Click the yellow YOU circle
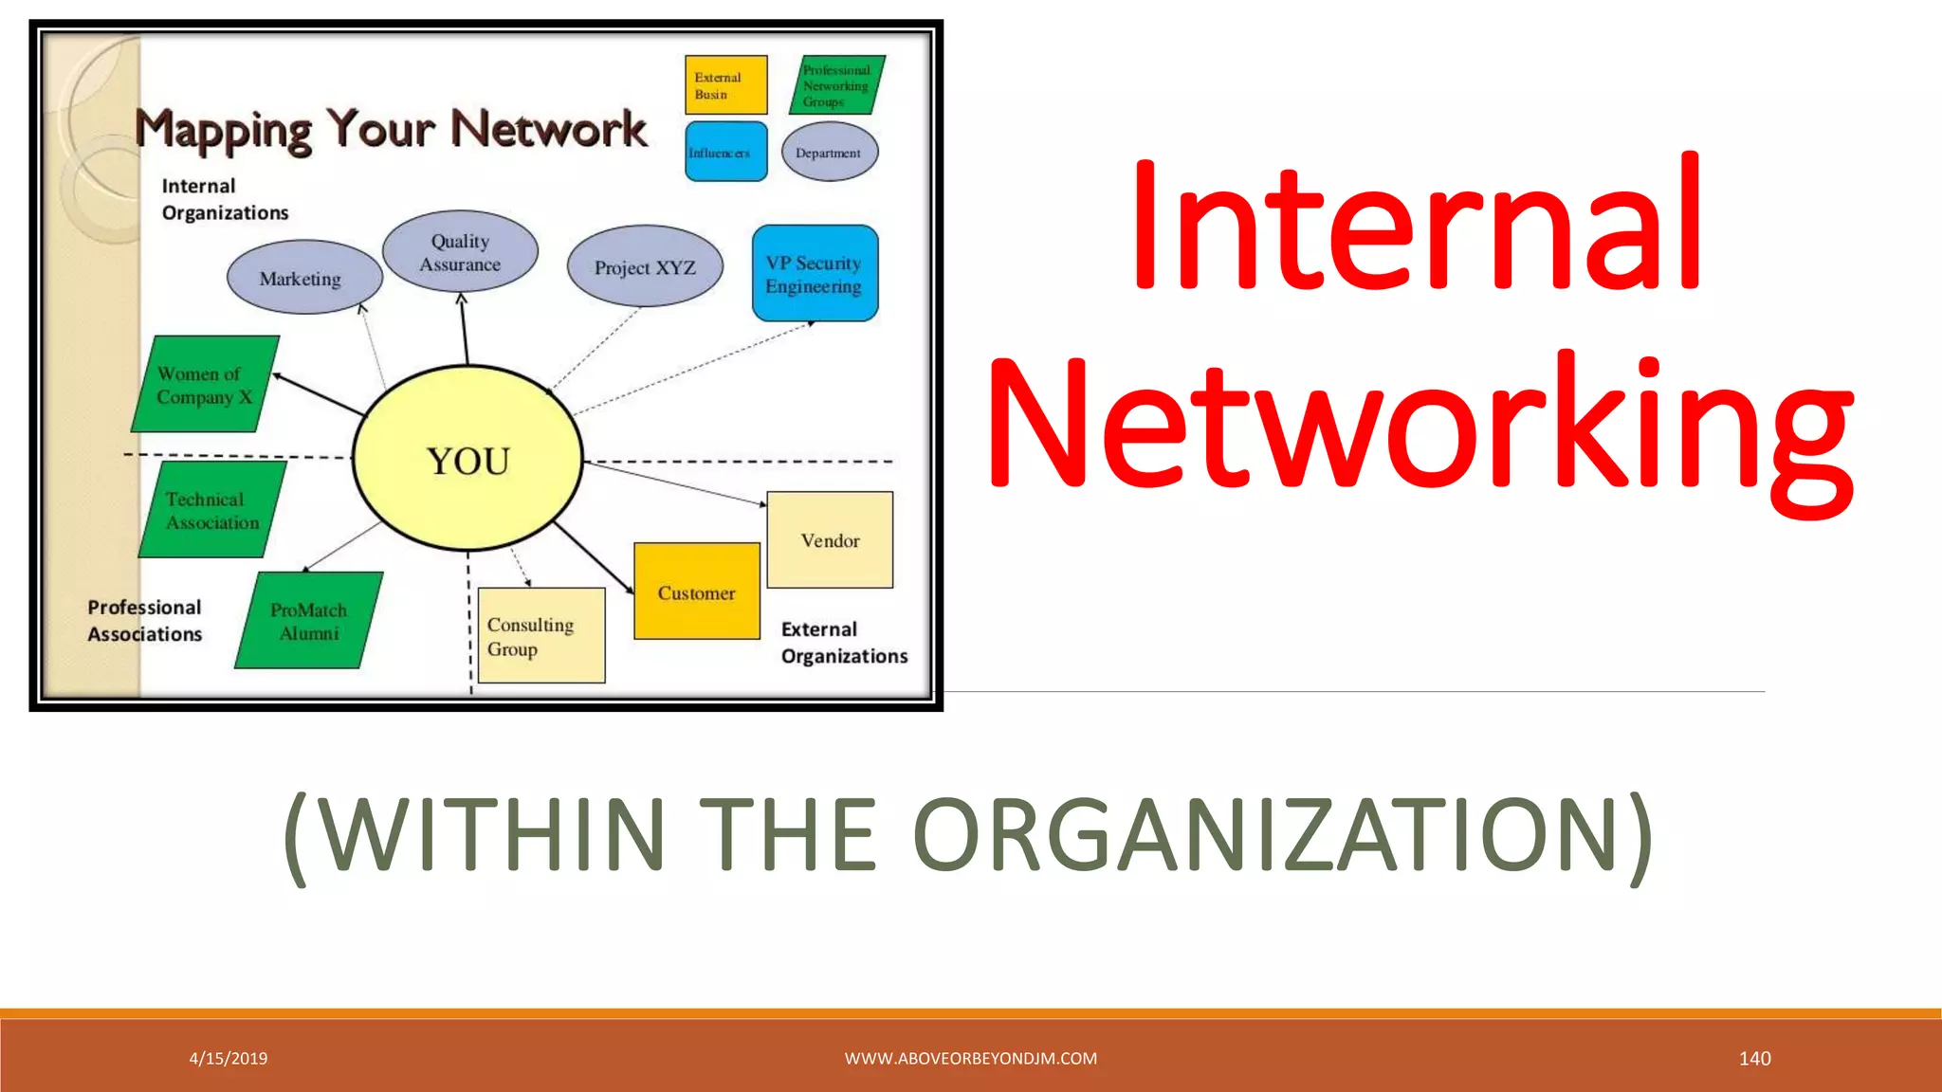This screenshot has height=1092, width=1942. [x=467, y=459]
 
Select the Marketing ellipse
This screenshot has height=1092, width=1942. [x=303, y=278]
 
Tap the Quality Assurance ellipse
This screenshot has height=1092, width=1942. [x=461, y=252]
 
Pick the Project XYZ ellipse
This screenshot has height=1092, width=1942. [x=645, y=266]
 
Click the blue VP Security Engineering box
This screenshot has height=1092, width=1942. [x=815, y=273]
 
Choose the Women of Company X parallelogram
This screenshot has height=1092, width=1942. [x=205, y=384]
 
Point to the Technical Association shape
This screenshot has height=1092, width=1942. [x=212, y=510]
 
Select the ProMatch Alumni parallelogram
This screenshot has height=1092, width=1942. [x=309, y=621]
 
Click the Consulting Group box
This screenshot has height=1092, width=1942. [x=540, y=635]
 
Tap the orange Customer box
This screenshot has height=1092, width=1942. [x=697, y=591]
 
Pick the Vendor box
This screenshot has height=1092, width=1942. [x=830, y=539]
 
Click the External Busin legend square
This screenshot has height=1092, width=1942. [x=725, y=85]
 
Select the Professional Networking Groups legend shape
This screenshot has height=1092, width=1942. [x=836, y=85]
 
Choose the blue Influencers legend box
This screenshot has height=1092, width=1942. [x=725, y=152]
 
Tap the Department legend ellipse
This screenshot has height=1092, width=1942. [x=830, y=152]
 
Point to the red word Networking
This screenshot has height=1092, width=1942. [x=1420, y=424]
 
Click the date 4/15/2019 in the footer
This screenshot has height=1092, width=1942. [x=229, y=1058]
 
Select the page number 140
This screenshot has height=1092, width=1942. [x=1754, y=1058]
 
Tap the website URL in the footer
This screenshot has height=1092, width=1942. [x=970, y=1058]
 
